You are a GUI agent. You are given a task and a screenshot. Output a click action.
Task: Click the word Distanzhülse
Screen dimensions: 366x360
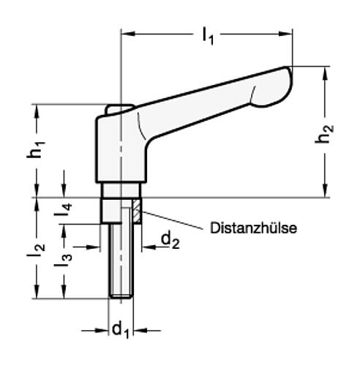pos(252,228)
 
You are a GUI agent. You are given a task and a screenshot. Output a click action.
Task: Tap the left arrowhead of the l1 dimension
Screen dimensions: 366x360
pos(124,31)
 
